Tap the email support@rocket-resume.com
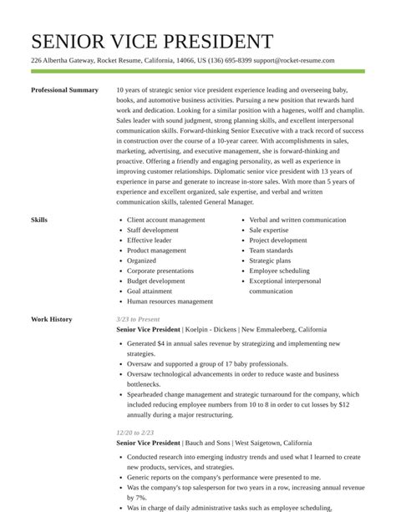click(x=294, y=61)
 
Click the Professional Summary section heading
click(x=64, y=90)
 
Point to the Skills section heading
click(x=39, y=221)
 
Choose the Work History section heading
click(x=51, y=320)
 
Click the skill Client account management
click(x=165, y=221)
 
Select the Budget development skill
click(x=156, y=281)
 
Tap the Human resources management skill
click(x=170, y=302)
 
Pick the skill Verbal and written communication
click(x=297, y=221)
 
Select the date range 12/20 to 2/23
click(x=135, y=433)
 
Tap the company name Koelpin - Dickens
click(x=210, y=330)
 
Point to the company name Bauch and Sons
click(x=207, y=443)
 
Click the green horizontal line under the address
click(x=198, y=72)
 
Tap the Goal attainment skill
click(x=150, y=291)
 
